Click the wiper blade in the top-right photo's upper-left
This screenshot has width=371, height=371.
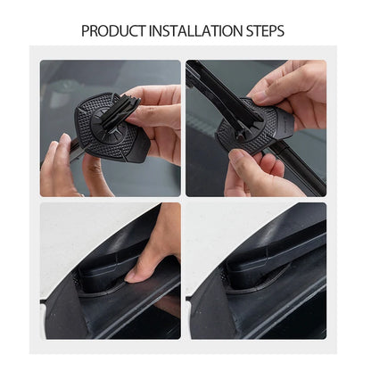210,80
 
